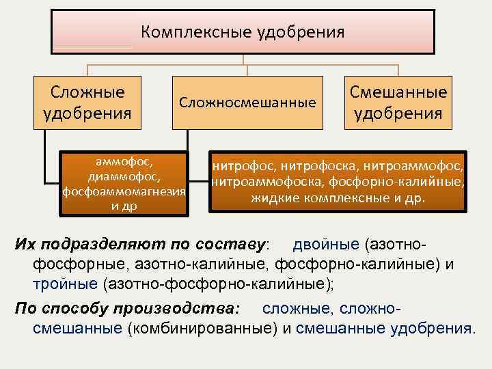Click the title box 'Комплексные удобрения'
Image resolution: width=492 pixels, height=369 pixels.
(x=243, y=32)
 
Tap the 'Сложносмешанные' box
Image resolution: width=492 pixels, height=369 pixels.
(x=247, y=102)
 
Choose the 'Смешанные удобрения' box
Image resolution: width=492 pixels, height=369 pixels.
(x=398, y=102)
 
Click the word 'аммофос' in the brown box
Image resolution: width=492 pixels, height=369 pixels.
(x=124, y=163)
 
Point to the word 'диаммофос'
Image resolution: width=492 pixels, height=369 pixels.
(x=124, y=176)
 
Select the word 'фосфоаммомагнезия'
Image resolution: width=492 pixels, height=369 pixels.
(x=124, y=191)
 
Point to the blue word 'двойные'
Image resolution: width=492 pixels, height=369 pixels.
(x=327, y=244)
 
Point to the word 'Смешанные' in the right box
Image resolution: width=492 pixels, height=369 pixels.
(x=398, y=92)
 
